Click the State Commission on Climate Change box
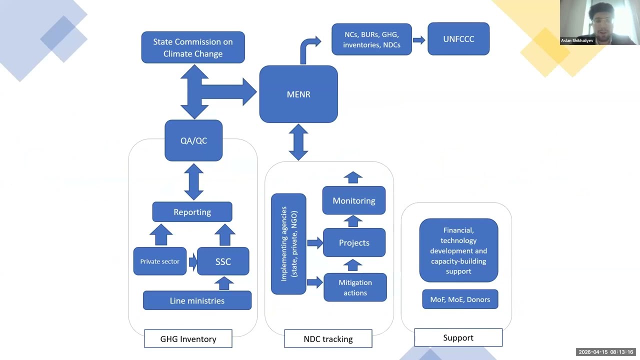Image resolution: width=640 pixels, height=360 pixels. (193, 47)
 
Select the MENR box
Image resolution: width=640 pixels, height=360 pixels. (298, 94)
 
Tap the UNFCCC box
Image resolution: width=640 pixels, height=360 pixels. (458, 39)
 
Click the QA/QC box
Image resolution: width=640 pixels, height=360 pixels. (193, 140)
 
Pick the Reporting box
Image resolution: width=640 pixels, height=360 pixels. (192, 212)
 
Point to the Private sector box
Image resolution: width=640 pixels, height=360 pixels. (159, 261)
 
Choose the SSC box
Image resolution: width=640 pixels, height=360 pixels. (223, 261)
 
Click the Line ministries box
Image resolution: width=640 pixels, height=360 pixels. (197, 300)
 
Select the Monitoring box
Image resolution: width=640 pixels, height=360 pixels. (354, 200)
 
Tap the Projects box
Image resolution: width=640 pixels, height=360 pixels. (354, 242)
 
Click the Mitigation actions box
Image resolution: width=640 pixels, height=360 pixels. (355, 287)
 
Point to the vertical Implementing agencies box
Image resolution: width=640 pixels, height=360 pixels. (288, 244)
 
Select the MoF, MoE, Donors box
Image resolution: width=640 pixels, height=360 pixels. (460, 299)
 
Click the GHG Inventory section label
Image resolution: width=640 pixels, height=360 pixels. (188, 338)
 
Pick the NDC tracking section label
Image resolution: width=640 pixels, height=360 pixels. (328, 338)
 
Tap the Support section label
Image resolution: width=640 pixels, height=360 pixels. (458, 337)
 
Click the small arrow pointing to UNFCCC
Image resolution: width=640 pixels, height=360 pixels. (419, 39)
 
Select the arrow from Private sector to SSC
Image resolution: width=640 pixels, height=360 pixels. (193, 261)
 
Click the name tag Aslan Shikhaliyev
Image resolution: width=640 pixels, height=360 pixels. (577, 40)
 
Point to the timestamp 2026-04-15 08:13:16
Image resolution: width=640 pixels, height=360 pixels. (606, 352)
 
